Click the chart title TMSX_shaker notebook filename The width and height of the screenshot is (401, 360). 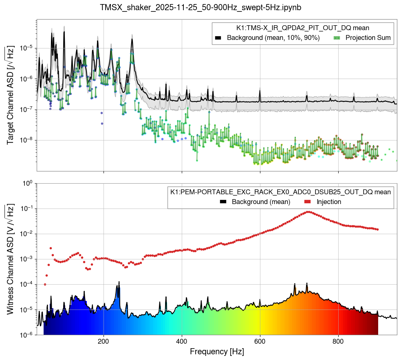click(x=200, y=7)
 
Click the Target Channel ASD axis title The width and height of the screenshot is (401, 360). click(x=11, y=96)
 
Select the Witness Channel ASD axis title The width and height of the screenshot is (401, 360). click(x=11, y=259)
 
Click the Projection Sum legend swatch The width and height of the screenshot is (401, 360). click(x=337, y=38)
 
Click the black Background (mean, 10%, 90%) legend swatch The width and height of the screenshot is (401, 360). click(x=218, y=38)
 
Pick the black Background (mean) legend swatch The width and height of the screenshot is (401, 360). click(x=223, y=202)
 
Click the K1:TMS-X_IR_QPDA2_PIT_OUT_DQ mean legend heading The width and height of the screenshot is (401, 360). click(x=303, y=28)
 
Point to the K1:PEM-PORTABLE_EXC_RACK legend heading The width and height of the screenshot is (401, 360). click(x=281, y=192)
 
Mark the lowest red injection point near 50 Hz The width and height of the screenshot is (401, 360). click(x=45, y=284)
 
